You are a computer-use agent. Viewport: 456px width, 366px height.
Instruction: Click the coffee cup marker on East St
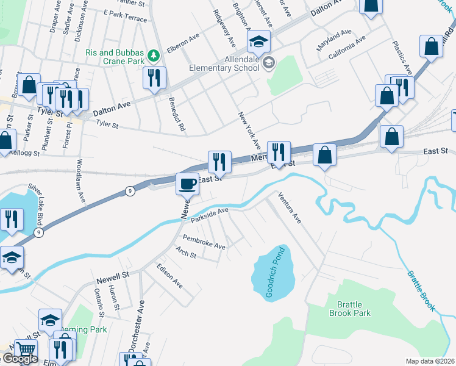tap(188, 183)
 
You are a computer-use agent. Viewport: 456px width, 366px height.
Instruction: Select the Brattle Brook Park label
tap(350, 309)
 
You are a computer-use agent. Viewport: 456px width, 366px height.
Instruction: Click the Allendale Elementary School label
tap(224, 63)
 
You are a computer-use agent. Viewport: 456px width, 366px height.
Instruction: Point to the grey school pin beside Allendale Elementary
tap(269, 62)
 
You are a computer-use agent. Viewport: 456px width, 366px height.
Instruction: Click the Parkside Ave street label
tap(209, 214)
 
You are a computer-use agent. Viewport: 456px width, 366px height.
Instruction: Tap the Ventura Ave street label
tap(290, 207)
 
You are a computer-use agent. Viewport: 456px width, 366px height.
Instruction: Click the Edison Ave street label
tap(169, 276)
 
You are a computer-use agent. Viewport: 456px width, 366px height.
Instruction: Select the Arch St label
tap(185, 252)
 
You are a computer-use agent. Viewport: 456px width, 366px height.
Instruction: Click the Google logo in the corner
tap(20, 359)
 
